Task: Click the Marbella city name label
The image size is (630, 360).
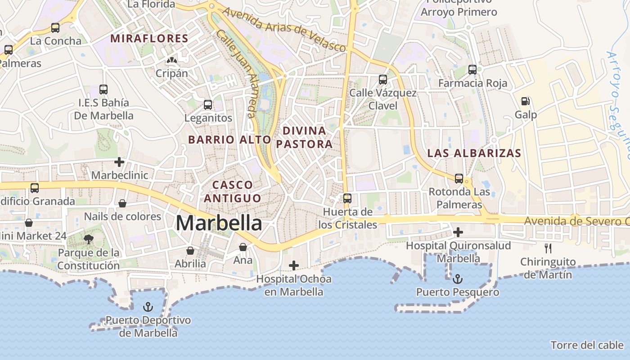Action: point(219,223)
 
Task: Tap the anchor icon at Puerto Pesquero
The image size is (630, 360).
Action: point(457,279)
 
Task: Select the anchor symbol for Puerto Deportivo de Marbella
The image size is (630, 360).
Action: point(148,307)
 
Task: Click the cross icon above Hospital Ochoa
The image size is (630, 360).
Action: point(293,265)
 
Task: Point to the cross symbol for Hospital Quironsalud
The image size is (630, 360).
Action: point(458,232)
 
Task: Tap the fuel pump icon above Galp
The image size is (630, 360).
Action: point(525,101)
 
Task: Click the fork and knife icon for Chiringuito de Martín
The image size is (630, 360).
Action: point(548,248)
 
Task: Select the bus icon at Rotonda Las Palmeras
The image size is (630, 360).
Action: point(459,179)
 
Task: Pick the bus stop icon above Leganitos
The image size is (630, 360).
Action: point(207,105)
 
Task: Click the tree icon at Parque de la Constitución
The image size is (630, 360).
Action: point(89,239)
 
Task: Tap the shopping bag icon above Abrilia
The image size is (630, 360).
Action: point(190,250)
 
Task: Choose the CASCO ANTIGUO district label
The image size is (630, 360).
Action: point(232,191)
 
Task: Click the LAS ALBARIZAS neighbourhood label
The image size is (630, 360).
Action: point(474,153)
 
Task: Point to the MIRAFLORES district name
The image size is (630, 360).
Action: point(149,39)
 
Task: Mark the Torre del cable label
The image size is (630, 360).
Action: point(587,345)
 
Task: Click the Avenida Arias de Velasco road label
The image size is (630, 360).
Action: point(284,29)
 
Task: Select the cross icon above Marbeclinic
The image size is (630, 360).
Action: point(119,162)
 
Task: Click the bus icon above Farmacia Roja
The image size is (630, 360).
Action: point(472,70)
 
